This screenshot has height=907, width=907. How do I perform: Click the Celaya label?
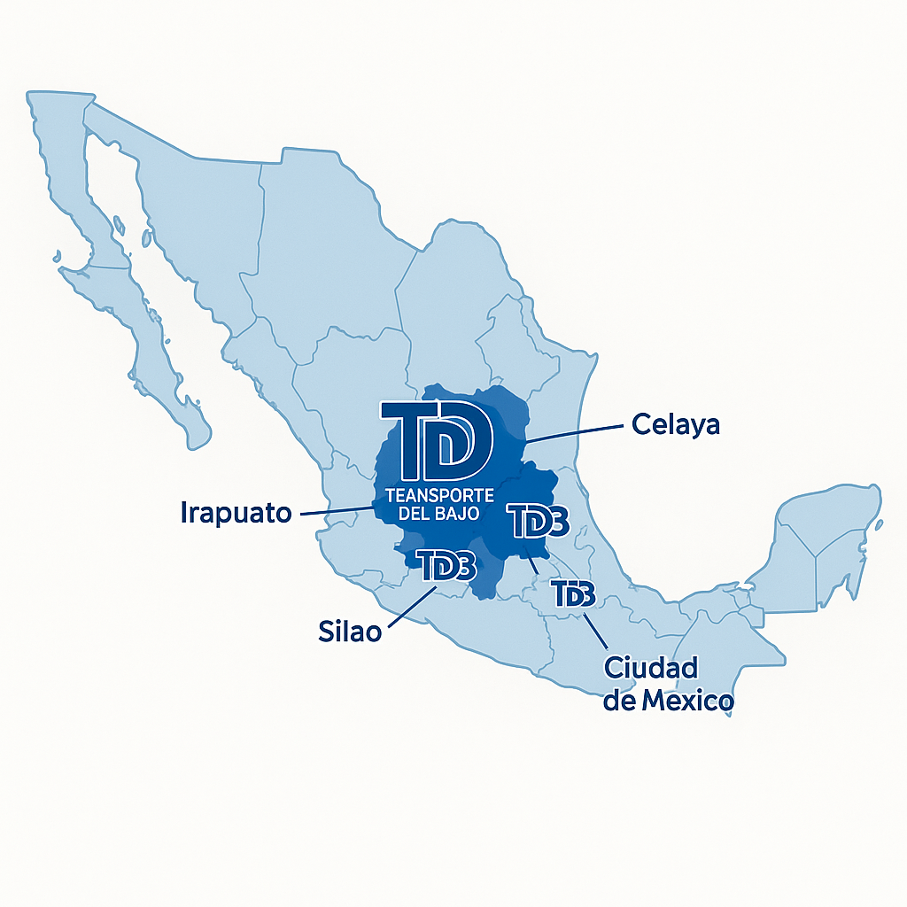676,424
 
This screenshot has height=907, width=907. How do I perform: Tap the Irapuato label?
236,512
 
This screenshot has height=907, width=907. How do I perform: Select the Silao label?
349,632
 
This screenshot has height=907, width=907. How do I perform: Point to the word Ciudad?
651,668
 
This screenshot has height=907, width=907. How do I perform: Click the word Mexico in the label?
687,702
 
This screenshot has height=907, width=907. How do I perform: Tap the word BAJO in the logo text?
459,514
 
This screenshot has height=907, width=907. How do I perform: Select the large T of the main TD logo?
408,439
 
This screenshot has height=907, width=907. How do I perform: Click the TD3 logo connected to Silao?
446,565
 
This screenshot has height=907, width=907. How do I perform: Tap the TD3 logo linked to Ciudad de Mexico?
572,593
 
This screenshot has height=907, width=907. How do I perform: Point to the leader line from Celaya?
576,432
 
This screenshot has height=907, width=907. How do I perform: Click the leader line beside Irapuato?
337,510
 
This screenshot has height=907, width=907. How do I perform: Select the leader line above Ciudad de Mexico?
594,631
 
